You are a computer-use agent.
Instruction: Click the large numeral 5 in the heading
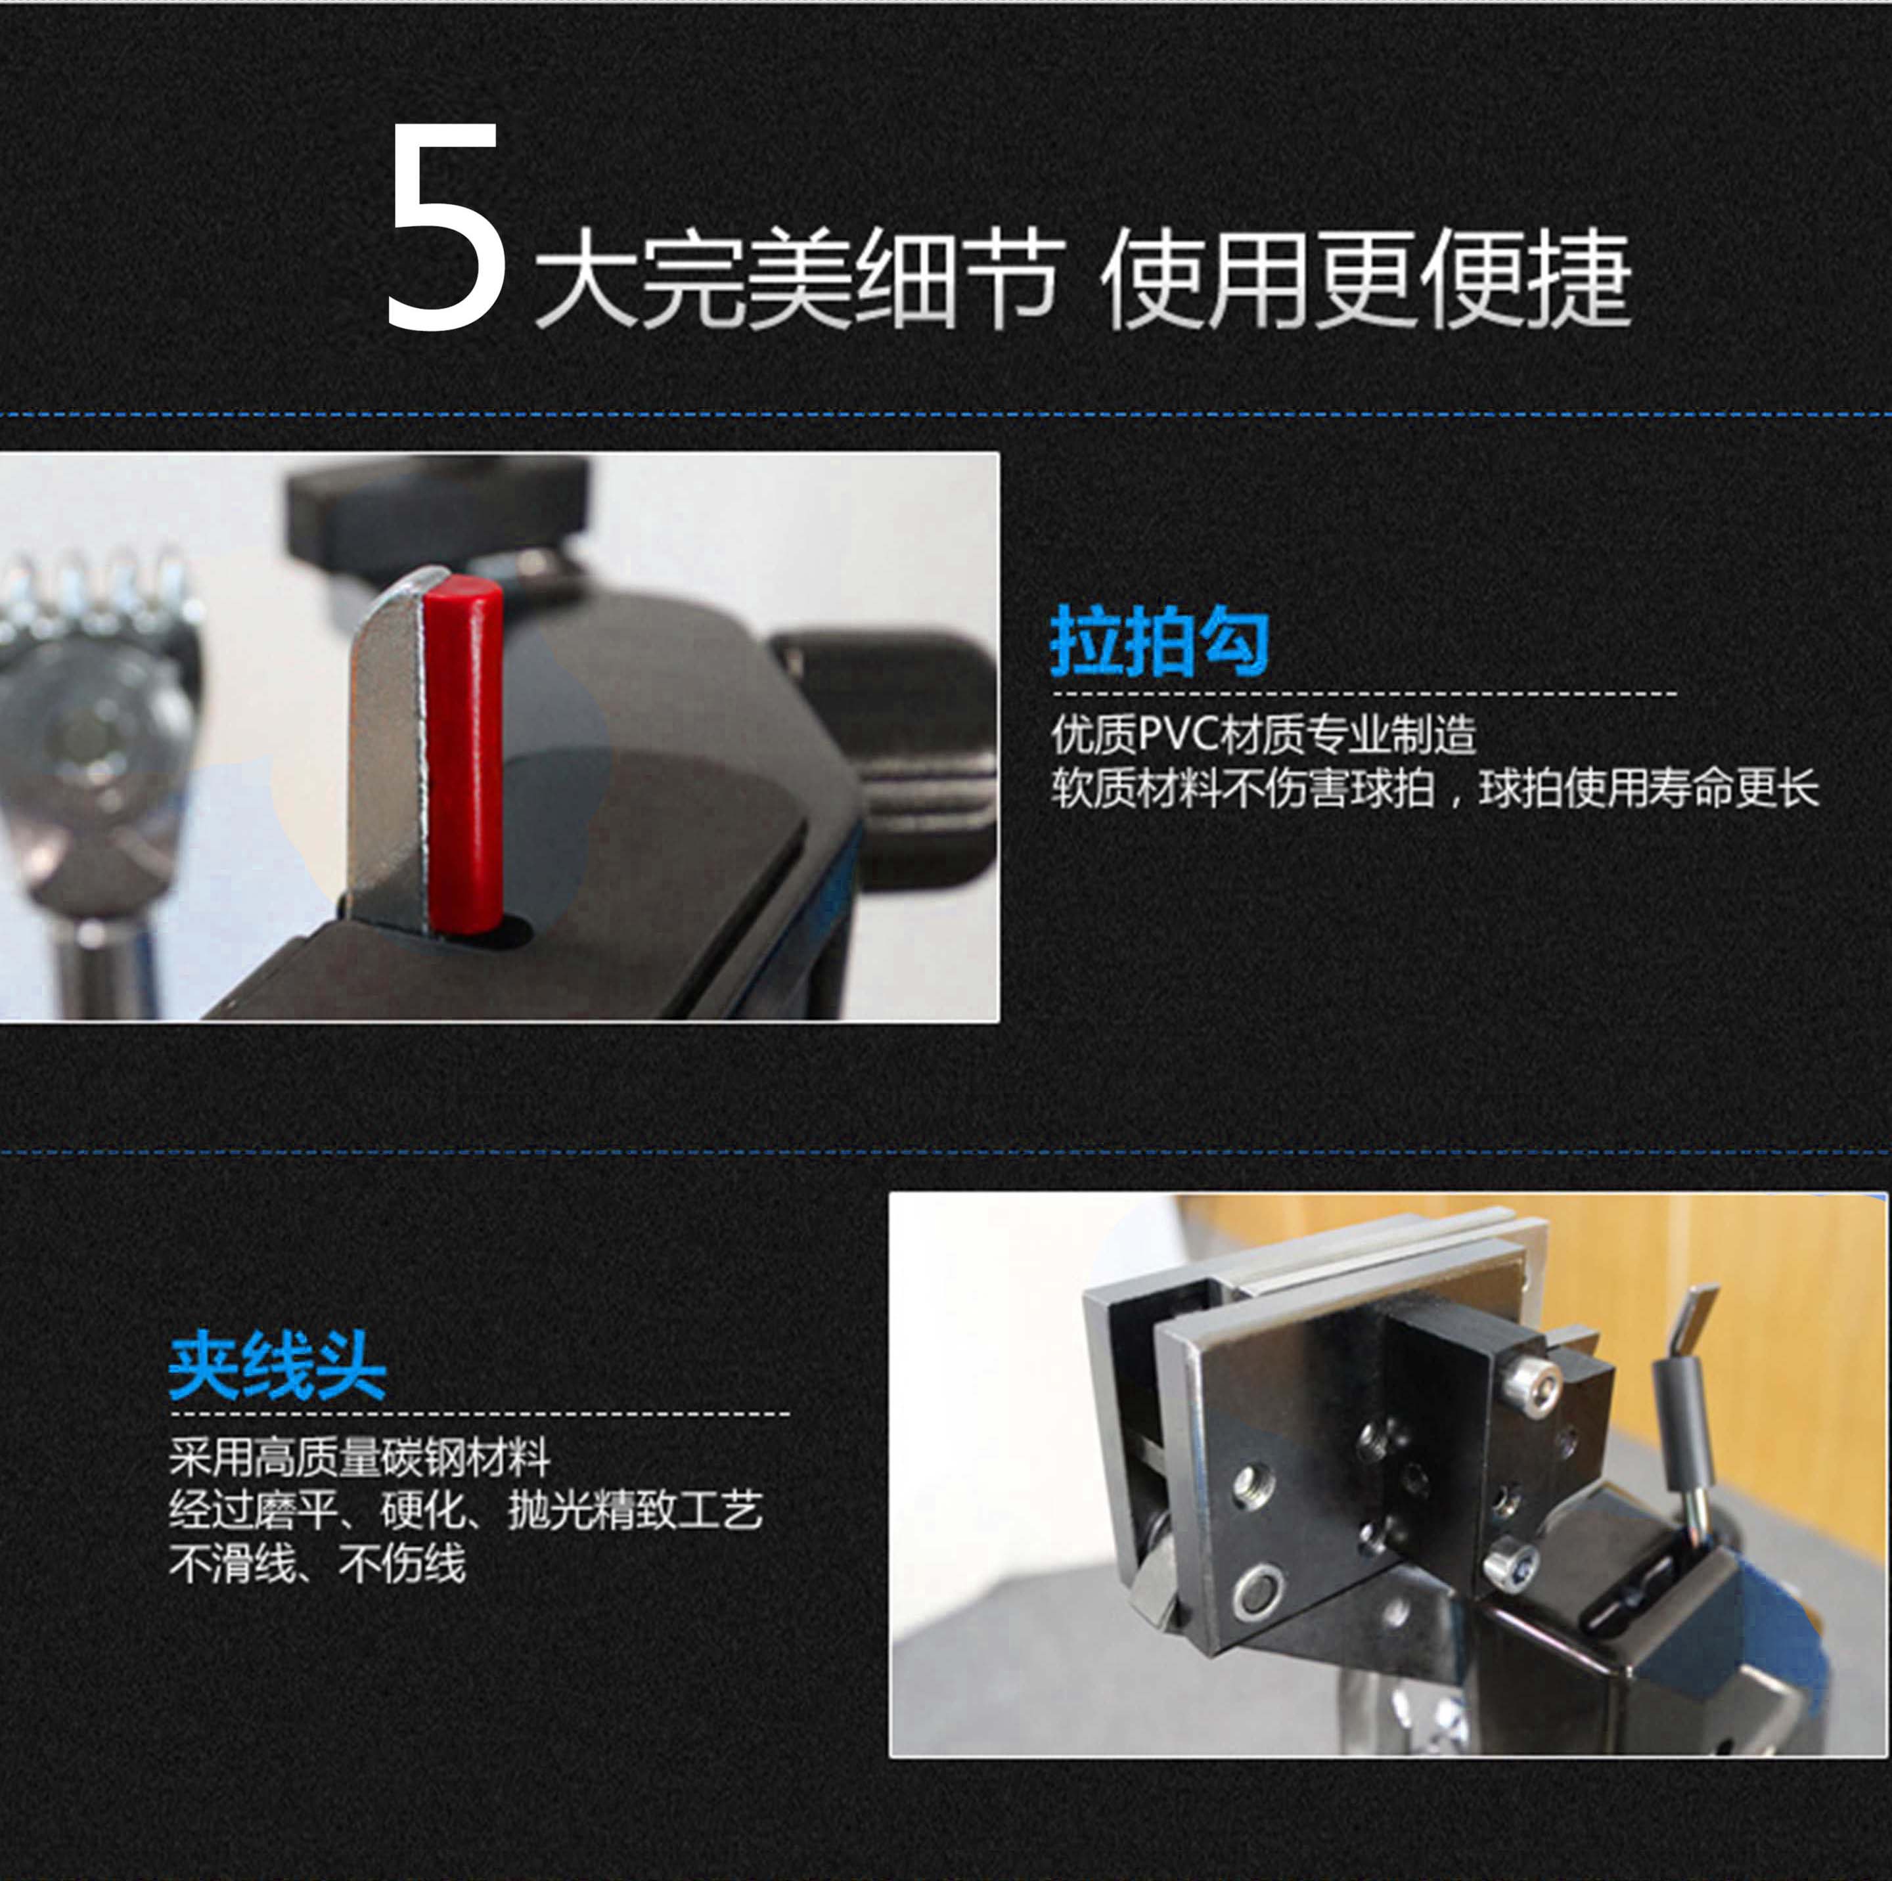445,228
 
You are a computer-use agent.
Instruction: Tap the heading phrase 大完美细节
798,278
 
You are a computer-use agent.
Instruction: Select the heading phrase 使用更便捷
1366,278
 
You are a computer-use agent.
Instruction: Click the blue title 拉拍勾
1160,642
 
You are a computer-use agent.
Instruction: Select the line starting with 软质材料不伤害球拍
1435,788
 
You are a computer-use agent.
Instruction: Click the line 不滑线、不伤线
317,1564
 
